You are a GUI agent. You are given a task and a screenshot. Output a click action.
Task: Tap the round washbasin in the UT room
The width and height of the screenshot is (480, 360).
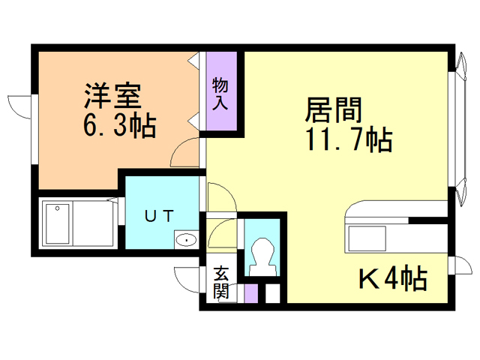pos(184,241)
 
